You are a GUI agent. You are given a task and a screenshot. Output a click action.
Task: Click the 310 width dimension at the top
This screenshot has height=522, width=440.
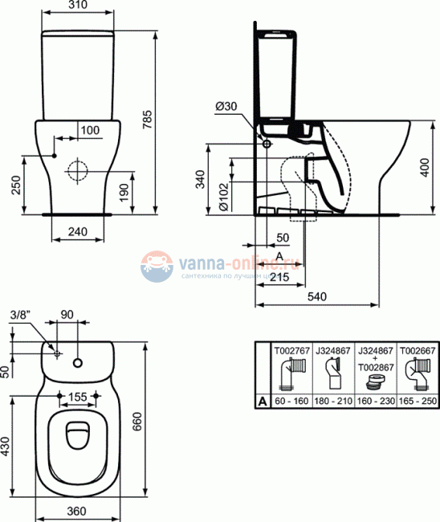coord(79,6)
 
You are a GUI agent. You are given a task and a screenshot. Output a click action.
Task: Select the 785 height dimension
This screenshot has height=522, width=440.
coord(147,118)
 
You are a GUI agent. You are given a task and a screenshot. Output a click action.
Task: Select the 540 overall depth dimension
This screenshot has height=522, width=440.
coord(319,297)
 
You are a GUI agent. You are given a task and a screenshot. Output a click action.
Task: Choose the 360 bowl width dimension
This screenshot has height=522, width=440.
coord(77,512)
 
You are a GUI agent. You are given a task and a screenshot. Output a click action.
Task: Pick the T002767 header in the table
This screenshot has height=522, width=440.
coord(291,350)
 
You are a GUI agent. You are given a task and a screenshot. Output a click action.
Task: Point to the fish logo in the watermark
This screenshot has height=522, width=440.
coord(157,267)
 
